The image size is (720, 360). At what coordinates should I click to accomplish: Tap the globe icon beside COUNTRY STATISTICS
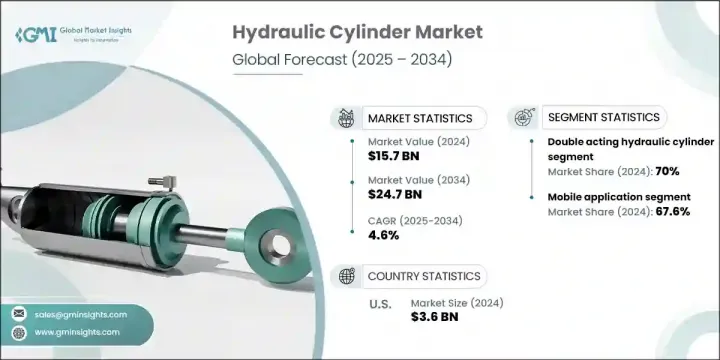coord(348,275)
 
